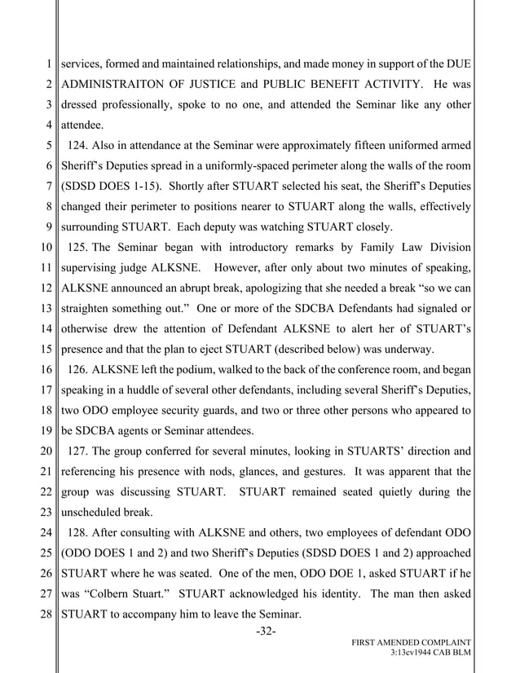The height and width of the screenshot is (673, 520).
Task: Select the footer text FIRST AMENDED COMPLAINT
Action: click(411, 643)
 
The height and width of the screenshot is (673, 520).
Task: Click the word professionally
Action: click(149, 105)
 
